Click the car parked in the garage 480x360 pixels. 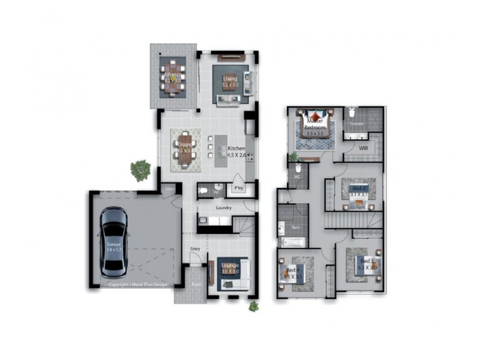click(x=114, y=241)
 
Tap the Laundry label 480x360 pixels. click(x=224, y=208)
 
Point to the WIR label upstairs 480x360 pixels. click(x=363, y=147)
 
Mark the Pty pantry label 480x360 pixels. click(x=238, y=188)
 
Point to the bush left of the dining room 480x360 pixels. click(x=141, y=170)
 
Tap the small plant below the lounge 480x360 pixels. click(x=254, y=307)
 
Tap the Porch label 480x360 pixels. click(x=196, y=286)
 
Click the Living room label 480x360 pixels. click(x=230, y=79)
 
